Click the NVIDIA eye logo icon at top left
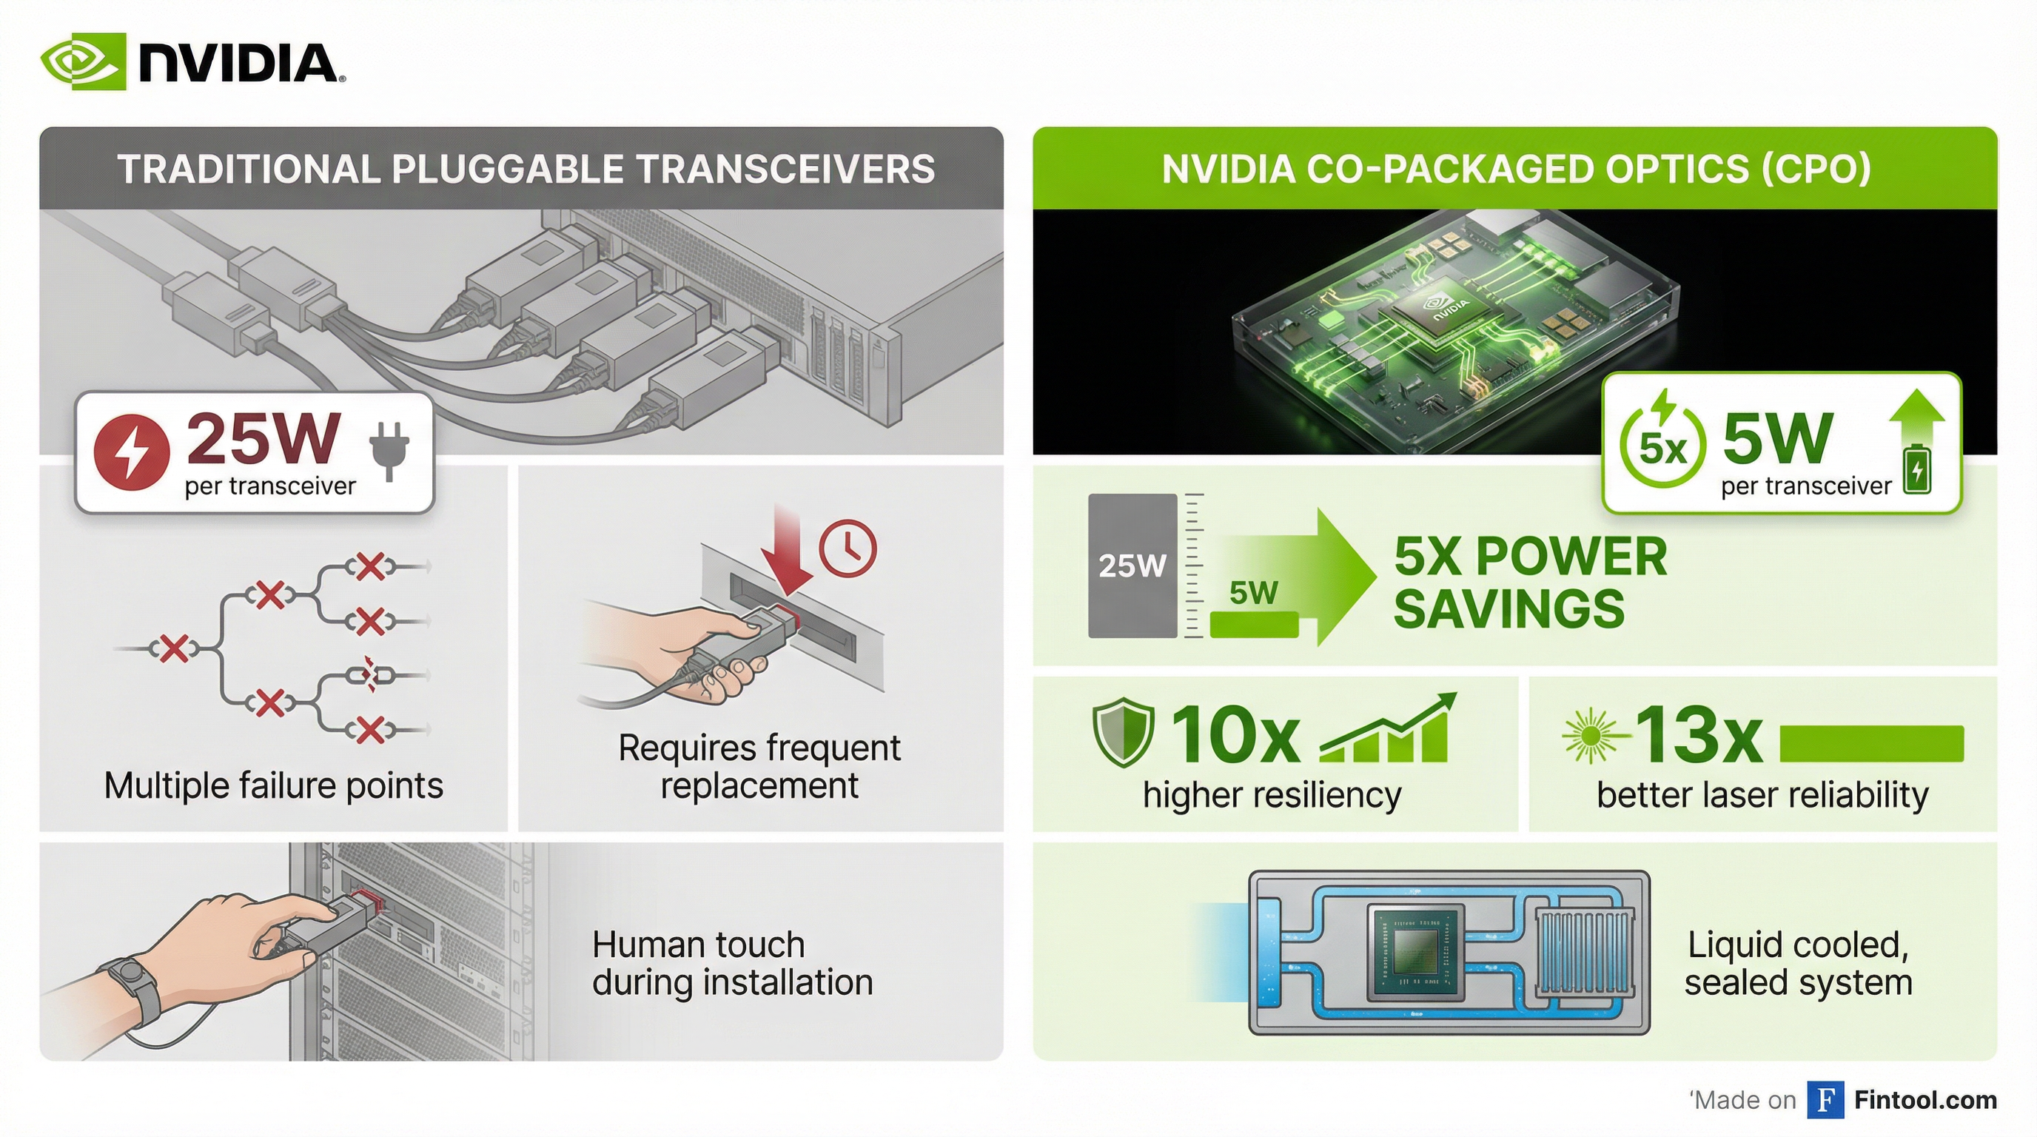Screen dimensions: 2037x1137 tap(83, 61)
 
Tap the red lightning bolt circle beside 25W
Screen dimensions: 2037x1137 tap(131, 452)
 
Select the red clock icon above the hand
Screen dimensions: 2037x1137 tap(848, 547)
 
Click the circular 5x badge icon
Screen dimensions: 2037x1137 tap(1662, 445)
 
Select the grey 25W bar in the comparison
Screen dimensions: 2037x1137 tap(1132, 566)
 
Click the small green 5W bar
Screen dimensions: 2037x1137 tap(1254, 625)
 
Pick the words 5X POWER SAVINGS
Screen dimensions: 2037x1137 tap(1530, 583)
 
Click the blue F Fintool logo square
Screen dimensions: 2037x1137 tap(1825, 1100)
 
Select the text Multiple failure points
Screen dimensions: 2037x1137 tap(274, 786)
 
